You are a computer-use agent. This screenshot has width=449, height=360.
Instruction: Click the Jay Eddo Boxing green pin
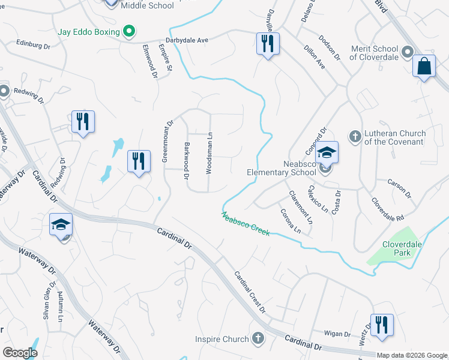point(128,31)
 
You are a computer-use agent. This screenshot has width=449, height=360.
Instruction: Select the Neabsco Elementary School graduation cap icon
point(328,152)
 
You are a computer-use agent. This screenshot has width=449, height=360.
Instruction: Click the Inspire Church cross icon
point(258,339)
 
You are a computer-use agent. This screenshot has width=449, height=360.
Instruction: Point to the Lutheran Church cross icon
point(355,137)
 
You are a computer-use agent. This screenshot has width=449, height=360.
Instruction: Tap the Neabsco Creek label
point(246,224)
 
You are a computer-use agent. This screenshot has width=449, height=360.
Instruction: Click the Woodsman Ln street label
point(209,154)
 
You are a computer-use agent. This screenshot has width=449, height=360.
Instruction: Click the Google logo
point(20,353)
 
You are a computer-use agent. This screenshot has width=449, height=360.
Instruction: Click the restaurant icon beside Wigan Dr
point(382,325)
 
